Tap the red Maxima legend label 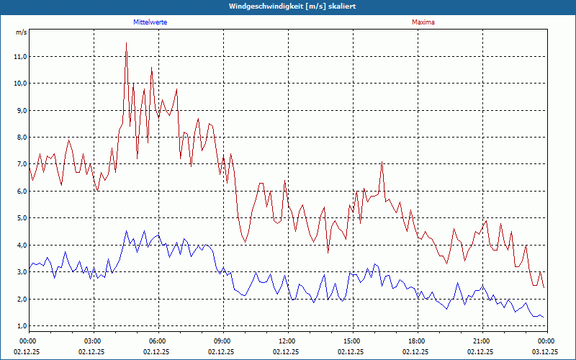click(x=423, y=22)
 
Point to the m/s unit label click(x=21, y=32)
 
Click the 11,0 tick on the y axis click(x=20, y=56)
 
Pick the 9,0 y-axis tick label click(x=20, y=110)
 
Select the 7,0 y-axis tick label click(x=20, y=164)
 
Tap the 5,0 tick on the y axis click(x=20, y=218)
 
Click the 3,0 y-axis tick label click(x=20, y=272)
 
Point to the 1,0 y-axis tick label click(x=20, y=326)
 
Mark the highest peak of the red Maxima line click(x=126, y=43)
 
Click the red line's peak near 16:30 click(x=382, y=162)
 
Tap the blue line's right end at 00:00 click(x=544, y=318)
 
